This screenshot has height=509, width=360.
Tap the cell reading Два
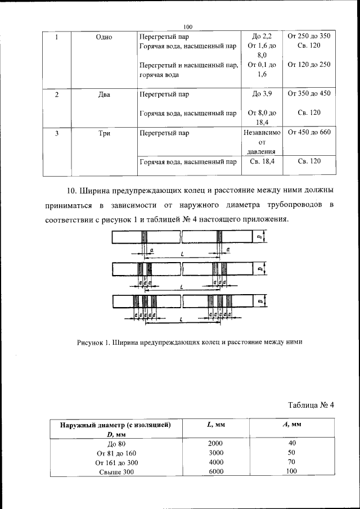104,94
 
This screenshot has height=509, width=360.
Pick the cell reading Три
104,133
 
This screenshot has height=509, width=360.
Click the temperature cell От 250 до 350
309,37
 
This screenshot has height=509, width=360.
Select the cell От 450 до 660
309,133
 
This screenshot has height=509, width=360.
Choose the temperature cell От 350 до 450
309,94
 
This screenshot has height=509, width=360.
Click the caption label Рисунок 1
93,343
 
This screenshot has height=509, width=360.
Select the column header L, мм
215,425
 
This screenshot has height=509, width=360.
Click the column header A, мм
291,425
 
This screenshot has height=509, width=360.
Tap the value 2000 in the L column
215,443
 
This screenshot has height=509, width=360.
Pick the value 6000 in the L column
215,472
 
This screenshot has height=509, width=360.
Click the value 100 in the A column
291,472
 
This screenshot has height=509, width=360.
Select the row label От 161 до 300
116,462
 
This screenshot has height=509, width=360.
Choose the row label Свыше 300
116,472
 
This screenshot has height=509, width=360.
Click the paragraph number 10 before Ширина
71,190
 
